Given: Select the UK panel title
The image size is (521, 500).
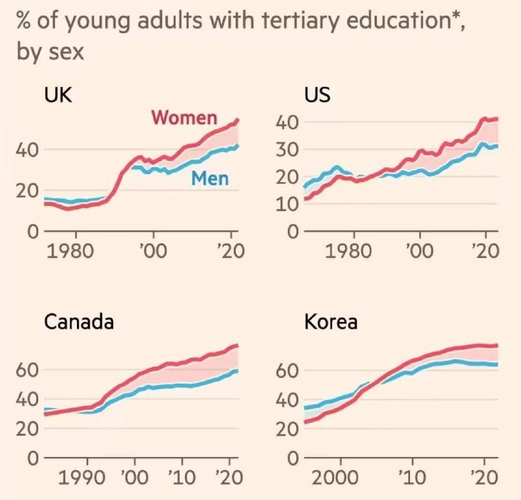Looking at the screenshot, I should tap(58, 95).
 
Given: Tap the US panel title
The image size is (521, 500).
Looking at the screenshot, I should tap(317, 95).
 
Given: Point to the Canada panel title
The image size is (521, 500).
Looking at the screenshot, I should tap(79, 322).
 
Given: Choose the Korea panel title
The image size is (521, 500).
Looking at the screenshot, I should tap(331, 322).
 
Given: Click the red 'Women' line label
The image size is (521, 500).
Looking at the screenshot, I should tap(184, 118).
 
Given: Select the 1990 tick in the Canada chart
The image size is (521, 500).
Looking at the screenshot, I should tap(85, 477).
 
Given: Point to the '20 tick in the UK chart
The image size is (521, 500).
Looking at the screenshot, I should tap(229, 252).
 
